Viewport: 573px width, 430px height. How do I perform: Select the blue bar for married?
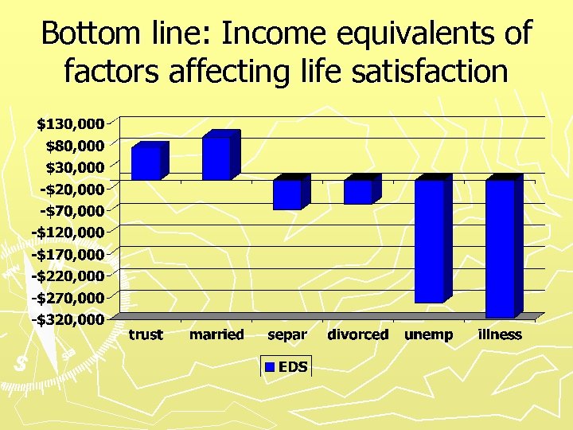coord(217,157)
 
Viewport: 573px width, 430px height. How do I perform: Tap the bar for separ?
coord(288,193)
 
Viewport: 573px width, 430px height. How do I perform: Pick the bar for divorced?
coord(359,191)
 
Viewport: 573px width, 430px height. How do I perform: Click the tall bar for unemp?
coord(430,240)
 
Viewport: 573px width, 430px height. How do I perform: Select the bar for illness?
coord(501,248)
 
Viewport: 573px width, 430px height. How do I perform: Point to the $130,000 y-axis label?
coord(70,123)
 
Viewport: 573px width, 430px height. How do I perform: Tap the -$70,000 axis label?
coord(72,210)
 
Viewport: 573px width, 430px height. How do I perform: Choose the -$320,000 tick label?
coord(68,319)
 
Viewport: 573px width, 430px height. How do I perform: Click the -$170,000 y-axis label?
coord(68,254)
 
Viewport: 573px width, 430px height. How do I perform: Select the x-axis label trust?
coord(146,334)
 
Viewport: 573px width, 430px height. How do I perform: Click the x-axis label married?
coord(216,334)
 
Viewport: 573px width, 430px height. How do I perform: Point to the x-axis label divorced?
coord(358,334)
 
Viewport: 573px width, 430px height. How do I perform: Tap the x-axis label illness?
coord(500,334)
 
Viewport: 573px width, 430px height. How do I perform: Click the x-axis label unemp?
coord(429,335)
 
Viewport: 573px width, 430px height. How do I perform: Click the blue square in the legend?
coord(270,366)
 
